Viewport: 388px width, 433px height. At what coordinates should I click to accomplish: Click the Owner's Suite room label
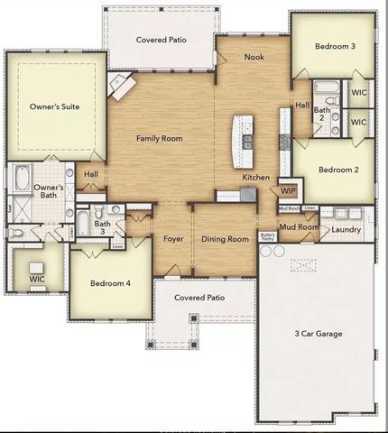tap(55, 106)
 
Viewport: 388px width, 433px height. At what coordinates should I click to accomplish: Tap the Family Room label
tap(160, 139)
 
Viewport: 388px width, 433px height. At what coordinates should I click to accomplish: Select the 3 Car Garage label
tap(318, 334)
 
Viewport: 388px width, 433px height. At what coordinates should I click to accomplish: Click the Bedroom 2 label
tap(338, 170)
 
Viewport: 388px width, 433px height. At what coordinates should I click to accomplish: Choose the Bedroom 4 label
tap(111, 283)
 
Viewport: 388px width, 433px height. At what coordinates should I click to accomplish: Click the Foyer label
tap(174, 239)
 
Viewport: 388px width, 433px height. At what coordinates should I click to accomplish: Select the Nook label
tap(254, 57)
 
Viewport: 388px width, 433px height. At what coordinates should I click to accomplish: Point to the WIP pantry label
tap(289, 191)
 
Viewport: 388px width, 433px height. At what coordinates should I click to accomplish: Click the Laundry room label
tap(346, 230)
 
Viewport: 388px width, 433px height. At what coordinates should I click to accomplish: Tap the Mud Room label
tap(298, 227)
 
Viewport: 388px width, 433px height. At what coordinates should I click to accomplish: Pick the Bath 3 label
tap(103, 226)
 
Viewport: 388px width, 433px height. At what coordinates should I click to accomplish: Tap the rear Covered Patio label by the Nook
tap(162, 40)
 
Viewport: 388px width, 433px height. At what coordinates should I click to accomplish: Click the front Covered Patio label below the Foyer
tap(199, 297)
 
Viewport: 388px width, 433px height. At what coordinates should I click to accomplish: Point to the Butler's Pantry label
tap(267, 237)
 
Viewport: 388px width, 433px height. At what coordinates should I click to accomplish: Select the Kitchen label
tap(256, 178)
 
